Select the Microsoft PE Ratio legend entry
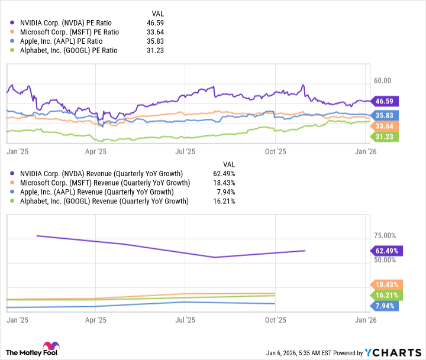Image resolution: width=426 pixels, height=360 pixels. [69, 31]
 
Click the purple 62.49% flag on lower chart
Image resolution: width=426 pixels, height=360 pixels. [385, 251]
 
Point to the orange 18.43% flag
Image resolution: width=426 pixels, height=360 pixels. [385, 284]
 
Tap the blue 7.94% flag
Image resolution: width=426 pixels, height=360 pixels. [385, 306]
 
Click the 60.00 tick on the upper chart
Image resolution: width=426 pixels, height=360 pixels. [384, 80]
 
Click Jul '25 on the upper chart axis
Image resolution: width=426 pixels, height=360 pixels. [185, 151]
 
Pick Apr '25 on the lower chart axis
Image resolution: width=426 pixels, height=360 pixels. [95, 320]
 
